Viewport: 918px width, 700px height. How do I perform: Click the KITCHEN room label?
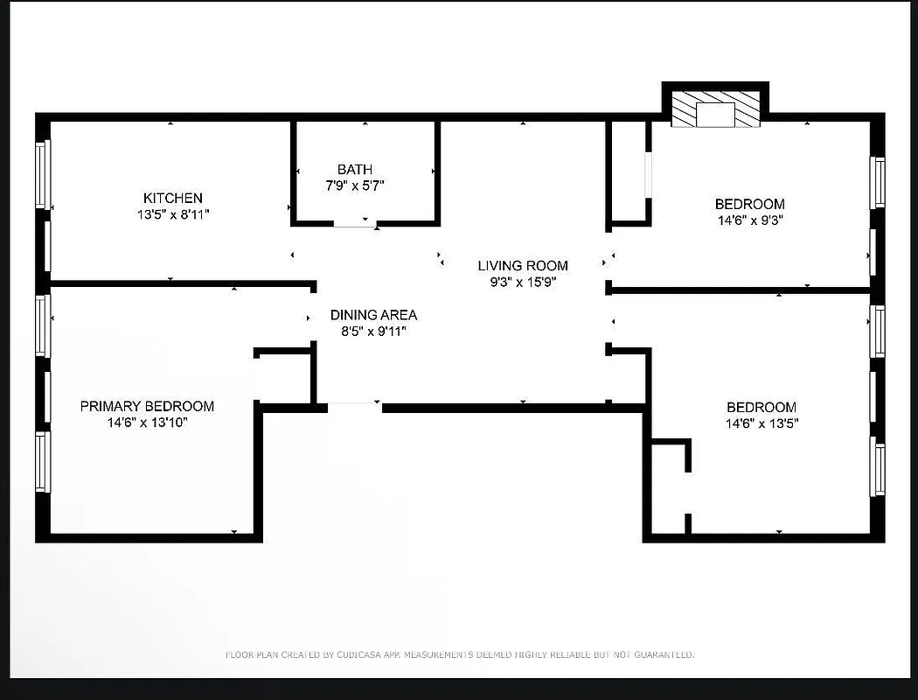tap(173, 199)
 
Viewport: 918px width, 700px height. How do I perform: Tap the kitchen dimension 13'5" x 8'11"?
tap(173, 213)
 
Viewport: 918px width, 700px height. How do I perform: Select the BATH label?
tap(354, 170)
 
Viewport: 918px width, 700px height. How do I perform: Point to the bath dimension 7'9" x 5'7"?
tap(354, 185)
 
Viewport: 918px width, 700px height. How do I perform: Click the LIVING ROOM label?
tap(522, 266)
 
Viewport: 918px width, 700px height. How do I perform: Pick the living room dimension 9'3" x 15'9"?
tap(522, 282)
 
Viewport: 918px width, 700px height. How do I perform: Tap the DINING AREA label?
tap(373, 315)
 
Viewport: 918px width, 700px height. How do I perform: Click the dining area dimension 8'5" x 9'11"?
tap(373, 331)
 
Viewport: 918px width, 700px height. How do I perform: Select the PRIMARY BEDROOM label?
tap(147, 406)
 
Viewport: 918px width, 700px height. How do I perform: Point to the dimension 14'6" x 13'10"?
tap(147, 423)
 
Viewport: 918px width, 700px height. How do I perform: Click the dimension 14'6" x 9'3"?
tap(749, 220)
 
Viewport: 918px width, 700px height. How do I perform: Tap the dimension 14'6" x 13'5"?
tap(761, 423)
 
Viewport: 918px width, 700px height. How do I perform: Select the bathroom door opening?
tap(355, 225)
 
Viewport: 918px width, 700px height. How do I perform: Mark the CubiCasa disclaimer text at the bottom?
tap(460, 654)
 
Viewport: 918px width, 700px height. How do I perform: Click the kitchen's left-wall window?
tap(43, 174)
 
